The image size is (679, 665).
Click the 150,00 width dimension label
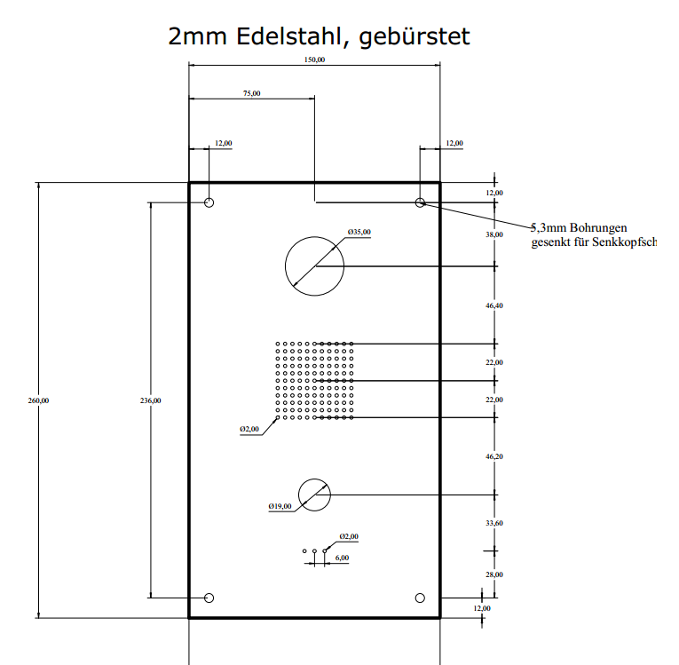coord(315,60)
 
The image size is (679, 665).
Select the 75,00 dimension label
coord(252,92)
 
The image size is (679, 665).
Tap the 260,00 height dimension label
coord(39,400)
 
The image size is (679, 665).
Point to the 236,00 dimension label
coord(151,400)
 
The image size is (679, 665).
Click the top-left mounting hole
coord(209,202)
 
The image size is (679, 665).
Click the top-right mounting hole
coord(420,202)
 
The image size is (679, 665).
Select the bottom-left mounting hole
coord(209,598)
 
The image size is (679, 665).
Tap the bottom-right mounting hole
coord(420,598)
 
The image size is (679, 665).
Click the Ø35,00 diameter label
coord(359,233)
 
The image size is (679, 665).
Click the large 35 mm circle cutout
coord(314,265)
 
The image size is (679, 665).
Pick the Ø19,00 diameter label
coord(280,506)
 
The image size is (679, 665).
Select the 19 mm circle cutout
coord(314,495)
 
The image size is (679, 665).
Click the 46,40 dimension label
coord(493,305)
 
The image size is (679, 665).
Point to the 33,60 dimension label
coord(493,523)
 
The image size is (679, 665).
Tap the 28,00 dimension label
coord(493,574)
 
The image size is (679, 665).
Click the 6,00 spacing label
coord(343,558)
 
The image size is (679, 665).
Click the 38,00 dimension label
coord(493,234)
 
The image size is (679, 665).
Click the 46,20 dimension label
coord(493,455)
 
